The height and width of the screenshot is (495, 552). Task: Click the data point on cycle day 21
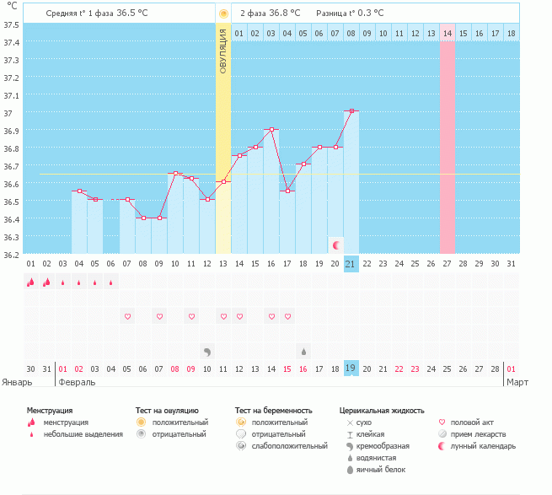(351, 110)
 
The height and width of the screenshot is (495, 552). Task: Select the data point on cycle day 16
(271, 129)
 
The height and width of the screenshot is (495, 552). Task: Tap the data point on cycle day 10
(175, 174)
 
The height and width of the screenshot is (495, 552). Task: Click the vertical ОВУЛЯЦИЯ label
(223, 50)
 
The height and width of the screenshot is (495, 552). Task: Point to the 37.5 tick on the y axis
(12, 24)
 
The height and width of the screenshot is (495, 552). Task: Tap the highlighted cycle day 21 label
(351, 264)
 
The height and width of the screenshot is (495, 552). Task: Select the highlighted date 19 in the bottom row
(351, 369)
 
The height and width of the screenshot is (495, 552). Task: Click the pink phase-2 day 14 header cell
(447, 33)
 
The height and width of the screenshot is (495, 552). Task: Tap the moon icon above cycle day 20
(336, 245)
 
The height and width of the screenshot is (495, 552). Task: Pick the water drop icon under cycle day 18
(303, 350)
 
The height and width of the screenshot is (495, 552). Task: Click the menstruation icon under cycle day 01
(31, 282)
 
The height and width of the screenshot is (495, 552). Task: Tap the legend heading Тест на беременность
(279, 410)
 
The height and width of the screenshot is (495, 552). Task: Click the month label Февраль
(77, 382)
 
